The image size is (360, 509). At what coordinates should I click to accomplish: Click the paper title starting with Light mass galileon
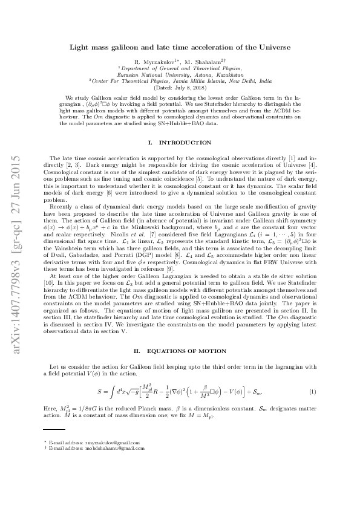(x=180, y=46)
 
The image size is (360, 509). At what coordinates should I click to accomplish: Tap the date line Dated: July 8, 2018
(x=180, y=88)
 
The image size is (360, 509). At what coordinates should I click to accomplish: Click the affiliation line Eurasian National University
(x=180, y=75)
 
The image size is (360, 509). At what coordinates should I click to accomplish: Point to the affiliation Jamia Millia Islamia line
(x=180, y=82)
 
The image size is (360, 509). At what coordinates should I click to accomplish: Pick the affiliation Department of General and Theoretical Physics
(x=180, y=69)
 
